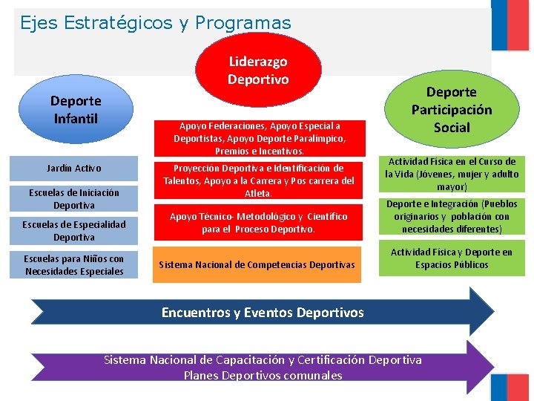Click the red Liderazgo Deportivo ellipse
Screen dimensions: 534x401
click(x=258, y=69)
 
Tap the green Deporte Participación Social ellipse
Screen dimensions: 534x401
click(x=452, y=109)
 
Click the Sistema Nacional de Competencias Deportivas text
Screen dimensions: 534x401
click(x=257, y=264)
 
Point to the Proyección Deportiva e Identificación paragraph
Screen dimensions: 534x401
click(x=258, y=180)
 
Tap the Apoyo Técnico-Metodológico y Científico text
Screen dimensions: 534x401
click(x=258, y=223)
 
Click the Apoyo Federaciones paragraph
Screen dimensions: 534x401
click(x=258, y=138)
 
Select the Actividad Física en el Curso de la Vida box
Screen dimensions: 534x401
click(x=452, y=174)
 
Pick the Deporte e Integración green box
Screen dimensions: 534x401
click(x=452, y=216)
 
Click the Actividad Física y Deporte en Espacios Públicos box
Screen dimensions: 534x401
click(x=452, y=258)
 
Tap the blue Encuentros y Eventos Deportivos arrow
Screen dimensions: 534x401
click(x=263, y=313)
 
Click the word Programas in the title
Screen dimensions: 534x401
click(x=243, y=23)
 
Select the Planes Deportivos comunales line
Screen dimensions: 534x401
click(x=263, y=375)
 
